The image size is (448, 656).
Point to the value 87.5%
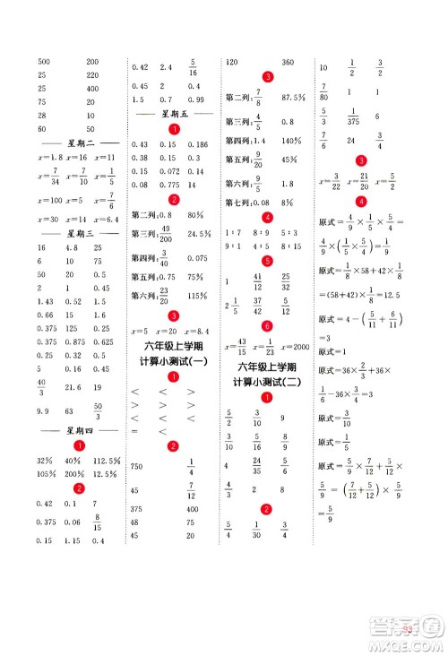[294, 98]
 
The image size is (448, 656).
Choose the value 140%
[291, 142]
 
